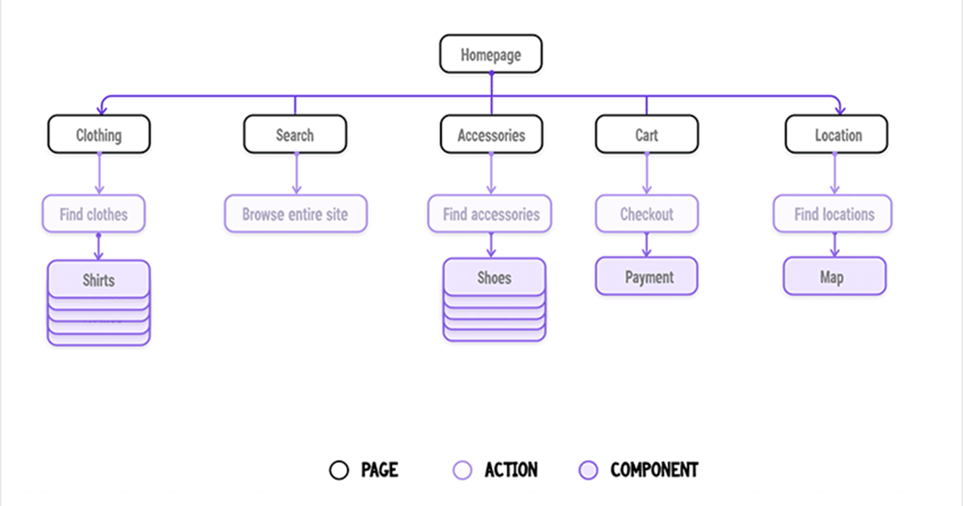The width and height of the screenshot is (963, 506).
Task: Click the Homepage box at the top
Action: pos(491,55)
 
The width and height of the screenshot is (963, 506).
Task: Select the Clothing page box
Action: pos(99,134)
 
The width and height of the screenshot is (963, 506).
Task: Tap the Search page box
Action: pos(294,134)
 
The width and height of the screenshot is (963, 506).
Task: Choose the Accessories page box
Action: pos(491,134)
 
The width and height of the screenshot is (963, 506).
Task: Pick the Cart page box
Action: pos(646,134)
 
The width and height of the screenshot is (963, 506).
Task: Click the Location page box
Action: pos(837,134)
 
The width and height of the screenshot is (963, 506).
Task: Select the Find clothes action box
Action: pos(93,214)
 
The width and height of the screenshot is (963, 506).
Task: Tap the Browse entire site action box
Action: pos(295,214)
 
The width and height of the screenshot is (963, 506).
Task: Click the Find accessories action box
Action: pos(491,214)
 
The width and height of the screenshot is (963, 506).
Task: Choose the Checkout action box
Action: pos(646,214)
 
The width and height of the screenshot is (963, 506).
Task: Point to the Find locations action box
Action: pos(833,214)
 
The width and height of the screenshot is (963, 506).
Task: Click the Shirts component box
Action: pos(99,279)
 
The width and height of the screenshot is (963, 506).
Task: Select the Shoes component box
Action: pos(494,277)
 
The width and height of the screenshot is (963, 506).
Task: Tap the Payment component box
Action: pos(647,277)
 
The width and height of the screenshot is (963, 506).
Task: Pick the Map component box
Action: pos(834,277)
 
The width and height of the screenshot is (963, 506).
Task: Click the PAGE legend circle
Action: pos(339,469)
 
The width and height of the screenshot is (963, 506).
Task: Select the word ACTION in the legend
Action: pos(511,469)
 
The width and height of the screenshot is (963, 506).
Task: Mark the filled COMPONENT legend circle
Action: pos(588,469)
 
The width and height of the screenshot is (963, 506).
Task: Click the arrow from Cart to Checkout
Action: pos(646,174)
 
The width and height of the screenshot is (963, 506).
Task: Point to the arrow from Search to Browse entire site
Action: pos(295,174)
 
